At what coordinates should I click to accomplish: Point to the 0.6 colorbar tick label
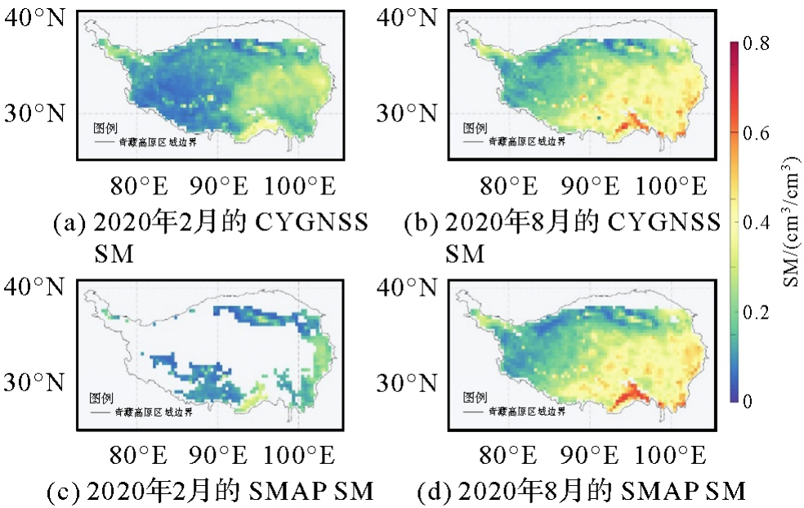point(765,134)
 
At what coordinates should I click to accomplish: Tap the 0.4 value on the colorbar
point(765,223)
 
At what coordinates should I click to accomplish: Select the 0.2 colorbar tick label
point(765,312)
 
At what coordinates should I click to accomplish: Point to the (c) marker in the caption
point(66,492)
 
